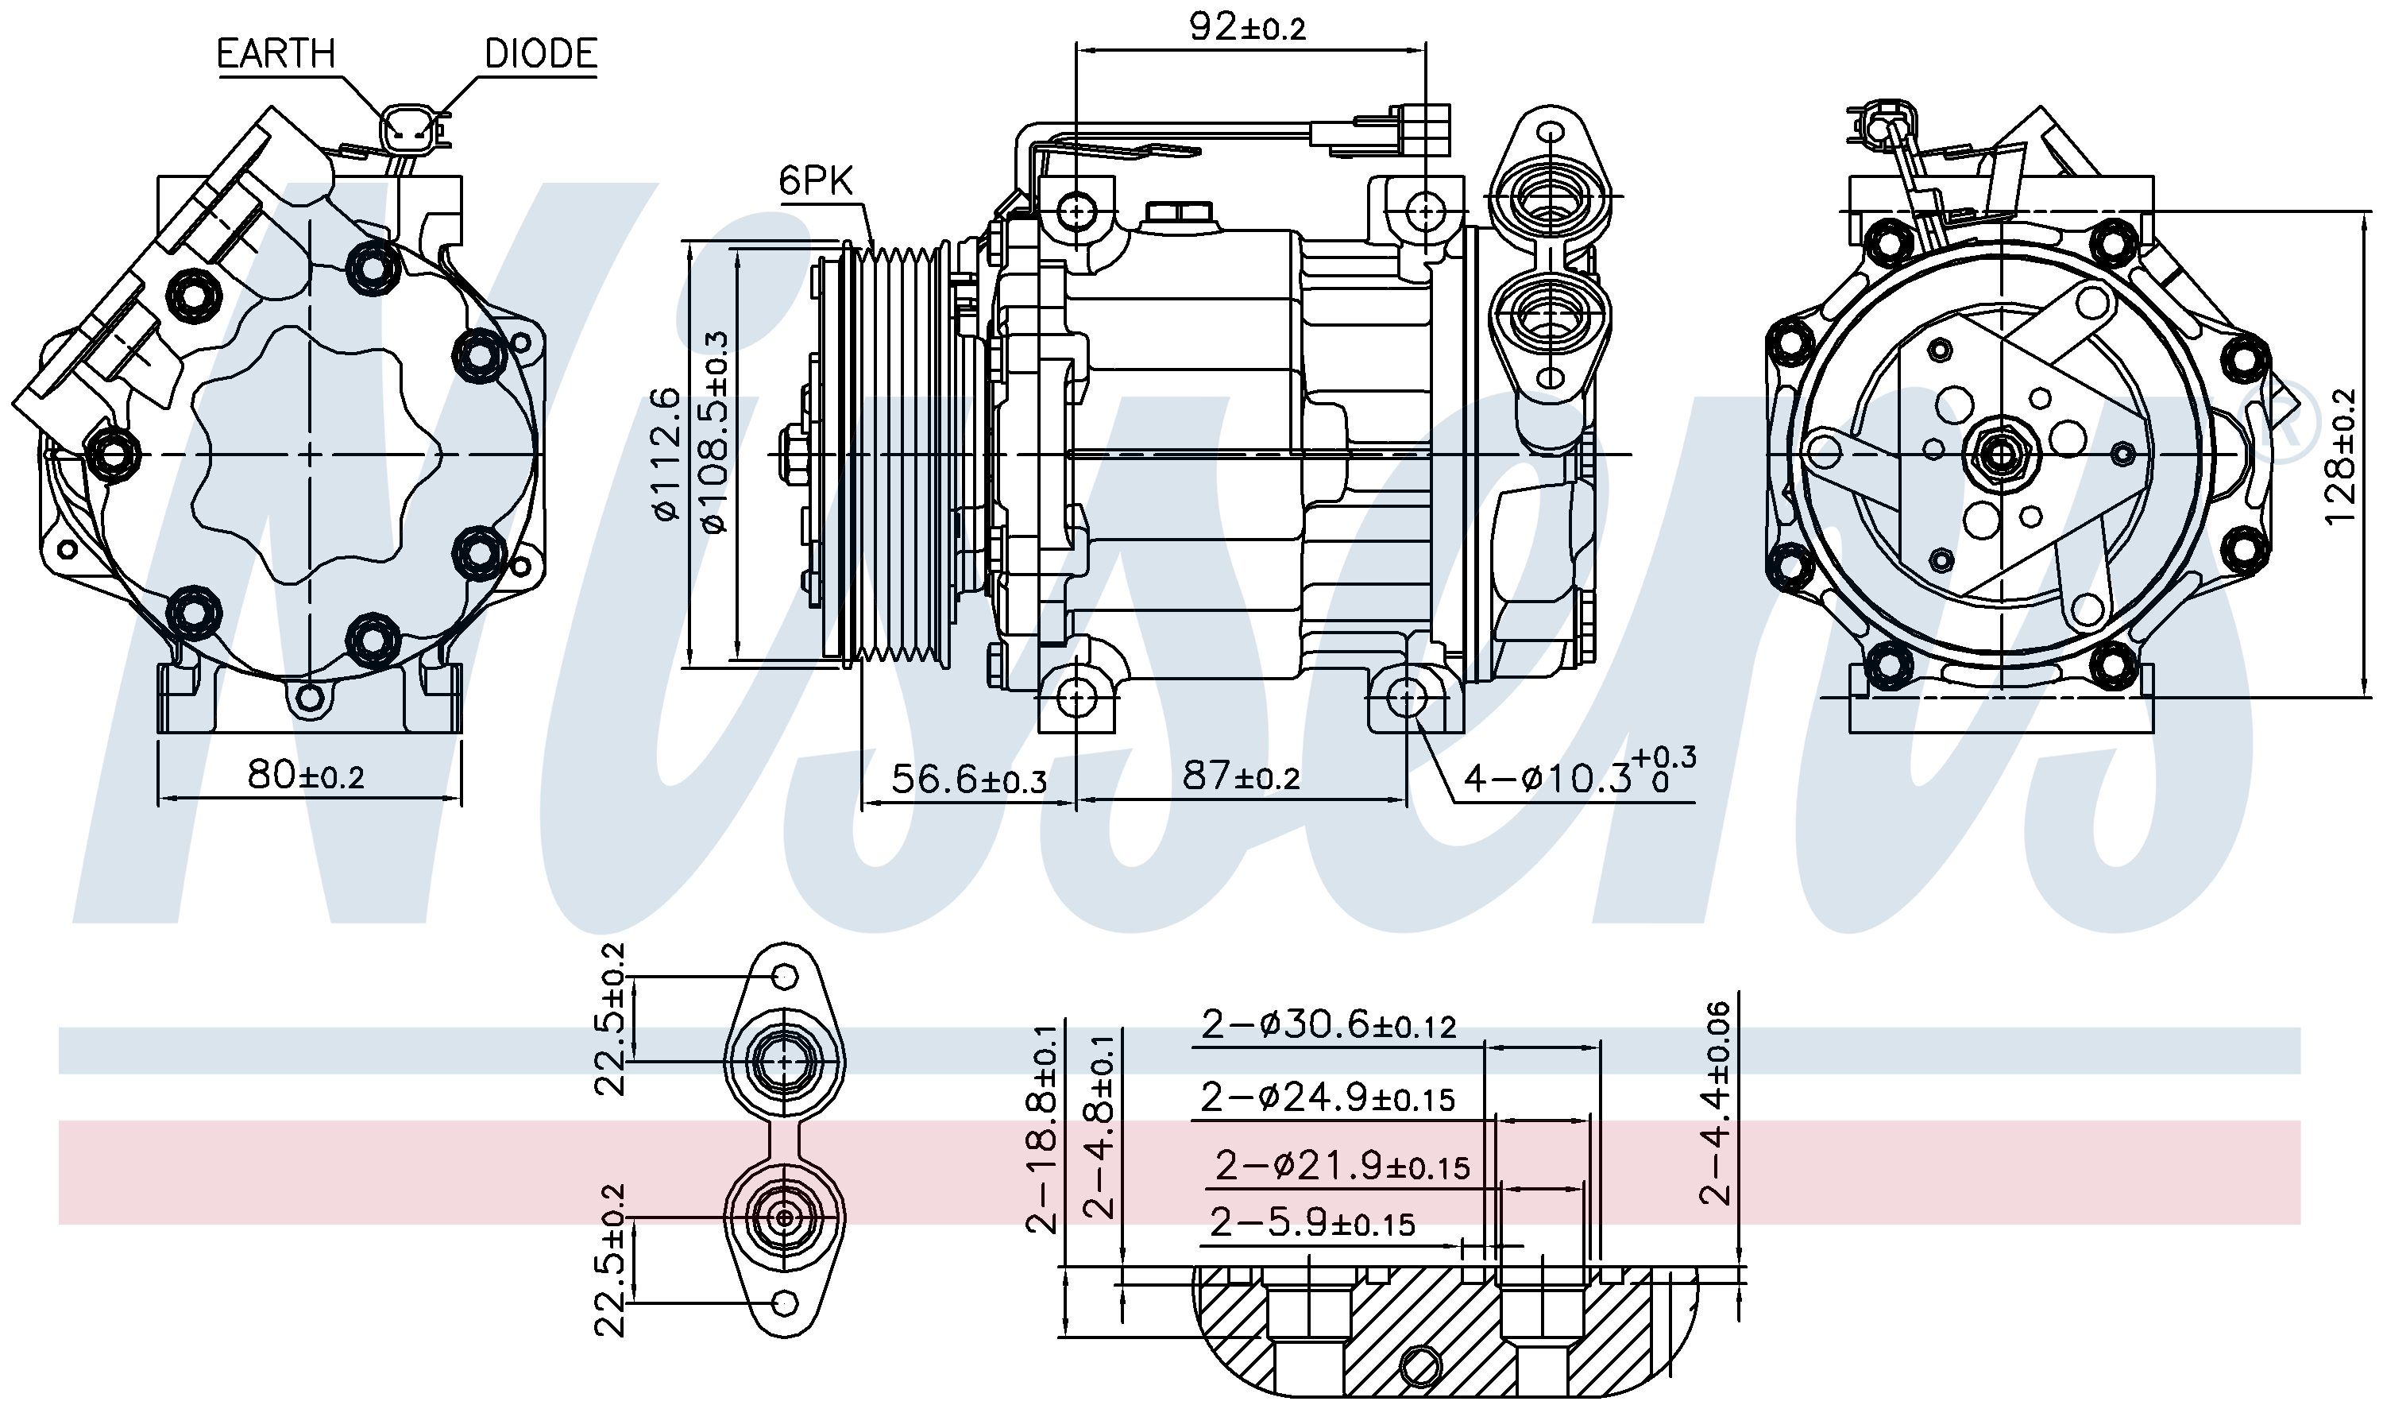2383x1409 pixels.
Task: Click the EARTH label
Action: (275, 53)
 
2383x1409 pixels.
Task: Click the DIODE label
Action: (540, 53)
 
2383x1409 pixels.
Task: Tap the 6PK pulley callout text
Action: (815, 180)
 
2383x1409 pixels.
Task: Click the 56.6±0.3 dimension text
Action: (968, 780)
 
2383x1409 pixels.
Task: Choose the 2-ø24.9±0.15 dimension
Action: (1327, 1097)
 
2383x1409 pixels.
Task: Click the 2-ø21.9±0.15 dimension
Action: (1342, 1165)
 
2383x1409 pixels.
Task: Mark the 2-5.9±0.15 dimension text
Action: (1311, 1223)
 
